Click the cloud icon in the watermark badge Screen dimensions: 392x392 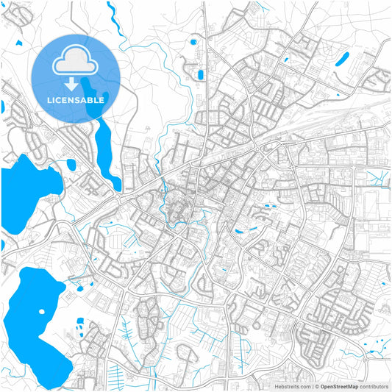(76, 63)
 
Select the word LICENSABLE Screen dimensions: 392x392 (76, 99)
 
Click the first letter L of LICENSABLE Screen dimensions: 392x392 (49, 99)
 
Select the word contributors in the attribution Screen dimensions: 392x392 (374, 386)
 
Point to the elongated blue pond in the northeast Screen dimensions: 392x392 (342, 59)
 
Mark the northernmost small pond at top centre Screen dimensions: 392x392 (193, 41)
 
